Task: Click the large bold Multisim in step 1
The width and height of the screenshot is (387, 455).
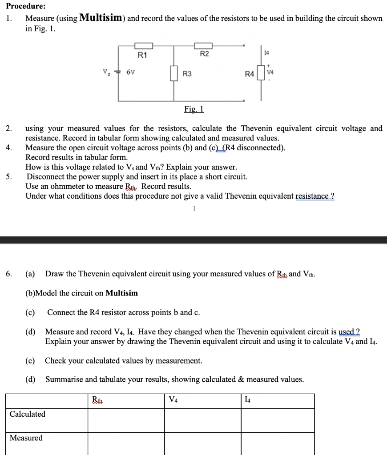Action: pyautogui.click(x=101, y=18)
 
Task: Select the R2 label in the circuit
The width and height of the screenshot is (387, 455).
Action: pyautogui.click(x=204, y=54)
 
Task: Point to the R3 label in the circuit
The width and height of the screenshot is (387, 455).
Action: pyautogui.click(x=187, y=74)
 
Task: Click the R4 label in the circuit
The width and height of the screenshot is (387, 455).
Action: pyautogui.click(x=250, y=74)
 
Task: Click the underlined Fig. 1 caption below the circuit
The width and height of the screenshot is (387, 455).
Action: pyautogui.click(x=194, y=109)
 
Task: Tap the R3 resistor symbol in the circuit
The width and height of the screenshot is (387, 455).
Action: pyautogui.click(x=173, y=73)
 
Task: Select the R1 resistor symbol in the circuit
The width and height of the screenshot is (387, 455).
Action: pyautogui.click(x=144, y=46)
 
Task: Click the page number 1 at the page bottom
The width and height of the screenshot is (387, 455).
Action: pyautogui.click(x=194, y=208)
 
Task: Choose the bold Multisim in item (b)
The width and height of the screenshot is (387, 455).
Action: pyautogui.click(x=121, y=293)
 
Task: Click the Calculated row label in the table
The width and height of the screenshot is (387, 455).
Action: pyautogui.click(x=28, y=414)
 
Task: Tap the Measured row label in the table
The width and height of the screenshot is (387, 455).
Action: pyautogui.click(x=26, y=438)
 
